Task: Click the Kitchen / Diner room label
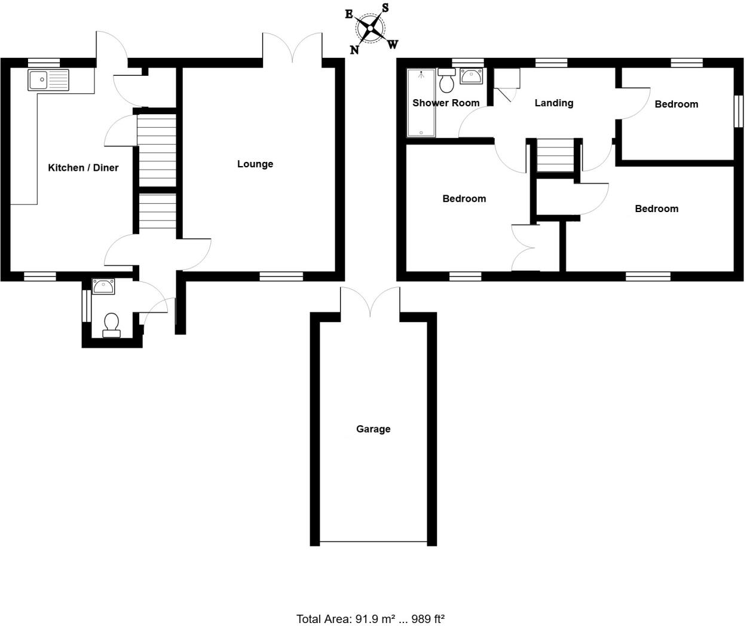[83, 168]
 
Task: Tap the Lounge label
[255, 164]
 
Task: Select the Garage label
[373, 429]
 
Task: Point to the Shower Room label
[446, 103]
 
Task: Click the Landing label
[553, 103]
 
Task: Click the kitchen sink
[48, 80]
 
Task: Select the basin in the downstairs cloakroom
[103, 286]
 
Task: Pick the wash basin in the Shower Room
[471, 76]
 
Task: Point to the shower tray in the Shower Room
[421, 103]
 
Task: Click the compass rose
[371, 27]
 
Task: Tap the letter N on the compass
[354, 50]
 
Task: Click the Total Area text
[371, 619]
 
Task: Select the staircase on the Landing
[552, 155]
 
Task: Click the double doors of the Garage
[370, 302]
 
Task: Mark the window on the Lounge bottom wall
[281, 276]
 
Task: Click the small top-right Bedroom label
[676, 104]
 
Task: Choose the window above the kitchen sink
[44, 62]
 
